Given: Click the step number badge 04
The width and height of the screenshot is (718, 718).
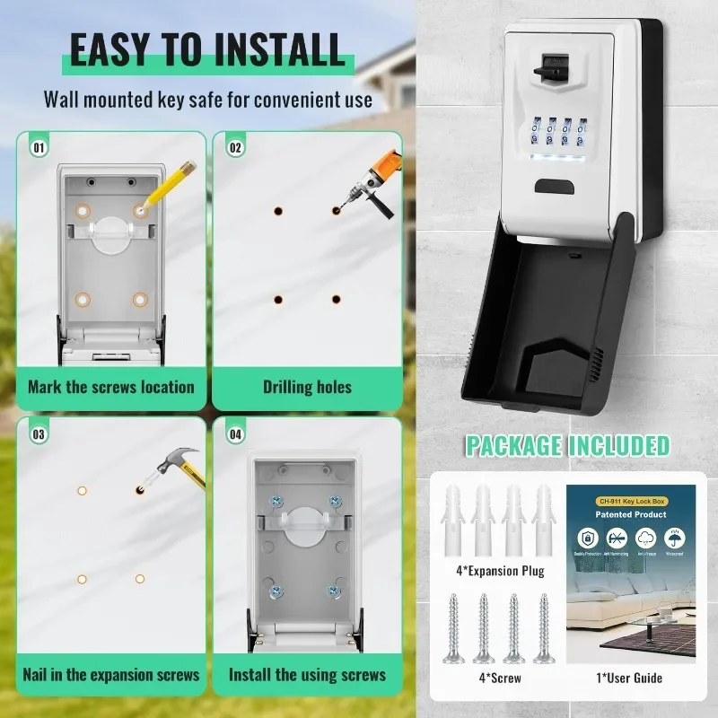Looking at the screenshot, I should tap(236, 434).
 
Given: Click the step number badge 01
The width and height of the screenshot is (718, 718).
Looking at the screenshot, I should tap(39, 146).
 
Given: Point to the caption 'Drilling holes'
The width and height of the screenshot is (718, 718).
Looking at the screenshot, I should tap(307, 388).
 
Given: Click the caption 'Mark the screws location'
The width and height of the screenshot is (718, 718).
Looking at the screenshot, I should tap(111, 388).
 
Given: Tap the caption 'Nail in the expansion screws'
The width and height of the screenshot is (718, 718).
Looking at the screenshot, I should tap(111, 674).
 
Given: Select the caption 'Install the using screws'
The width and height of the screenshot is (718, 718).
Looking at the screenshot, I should tap(307, 674).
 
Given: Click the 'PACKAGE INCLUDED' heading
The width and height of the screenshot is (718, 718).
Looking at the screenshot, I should tap(567, 445).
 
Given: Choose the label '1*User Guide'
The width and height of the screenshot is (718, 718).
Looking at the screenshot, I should tap(631, 679).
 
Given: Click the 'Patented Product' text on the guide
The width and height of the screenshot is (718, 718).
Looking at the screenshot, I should tap(631, 514).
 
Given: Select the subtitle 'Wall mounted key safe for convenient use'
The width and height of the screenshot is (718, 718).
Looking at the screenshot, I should tap(208, 99).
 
